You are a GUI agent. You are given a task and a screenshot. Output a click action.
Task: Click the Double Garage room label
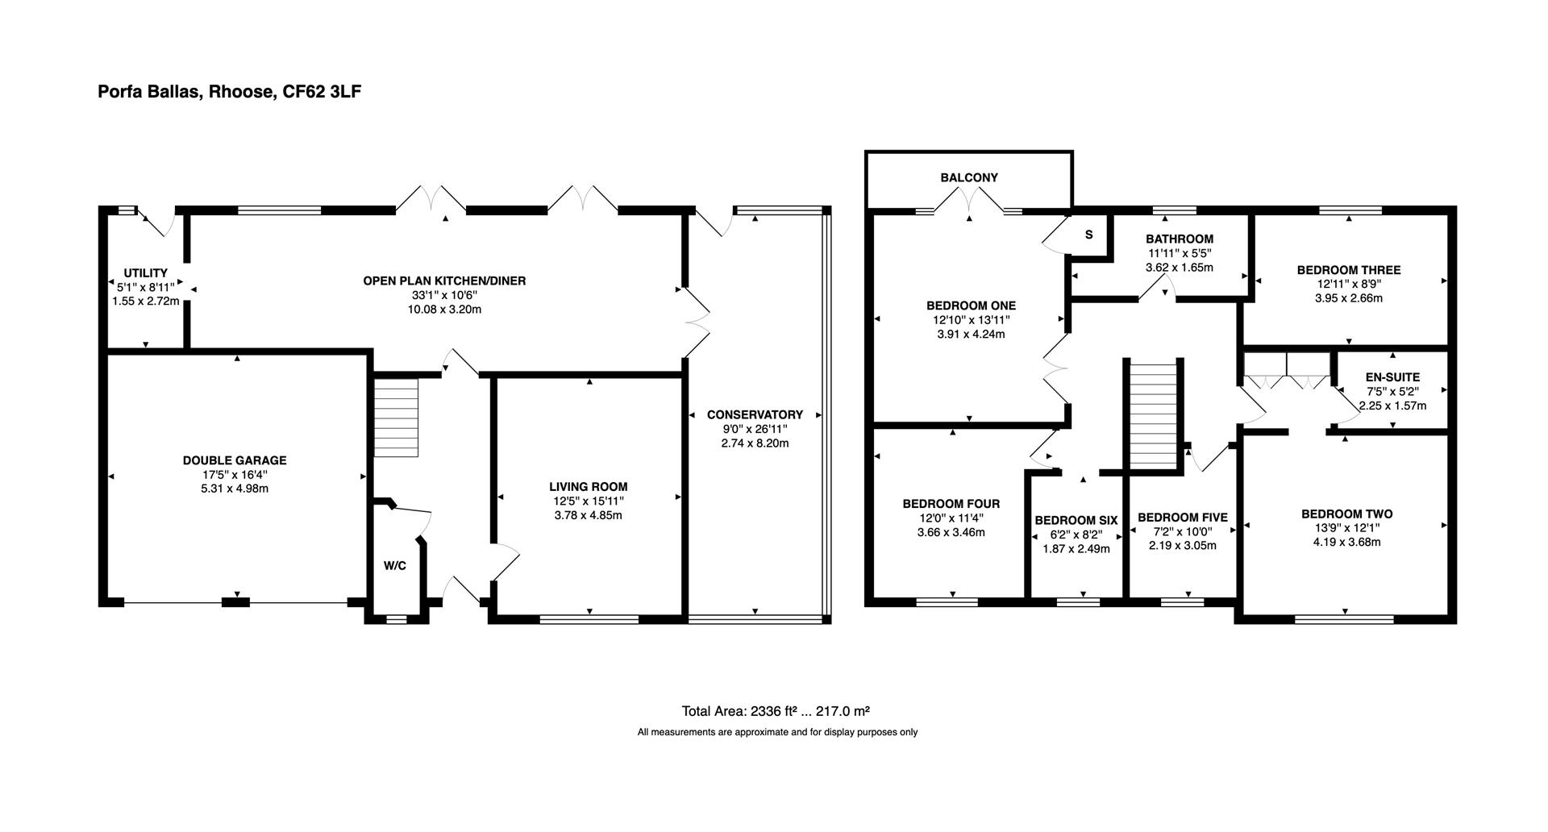234,460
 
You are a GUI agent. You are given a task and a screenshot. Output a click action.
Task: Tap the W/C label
394,566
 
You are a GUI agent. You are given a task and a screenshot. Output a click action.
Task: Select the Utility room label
145,272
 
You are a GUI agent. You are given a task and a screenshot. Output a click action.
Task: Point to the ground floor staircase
397,418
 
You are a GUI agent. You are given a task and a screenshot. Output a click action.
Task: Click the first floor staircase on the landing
1154,415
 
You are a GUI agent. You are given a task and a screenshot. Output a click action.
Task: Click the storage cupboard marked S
1088,235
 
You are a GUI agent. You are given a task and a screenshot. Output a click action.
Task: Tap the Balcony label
969,177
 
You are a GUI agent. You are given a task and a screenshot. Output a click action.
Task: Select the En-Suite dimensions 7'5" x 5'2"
1392,391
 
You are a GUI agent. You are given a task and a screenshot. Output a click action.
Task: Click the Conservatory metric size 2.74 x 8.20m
755,443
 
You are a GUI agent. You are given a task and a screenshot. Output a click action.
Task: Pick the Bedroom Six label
1076,520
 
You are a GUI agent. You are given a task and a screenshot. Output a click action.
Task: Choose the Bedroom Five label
1182,518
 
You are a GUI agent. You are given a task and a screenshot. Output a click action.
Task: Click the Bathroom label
1179,239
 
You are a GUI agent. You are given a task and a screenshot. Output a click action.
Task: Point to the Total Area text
775,711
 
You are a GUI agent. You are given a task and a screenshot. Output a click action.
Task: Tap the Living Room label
588,486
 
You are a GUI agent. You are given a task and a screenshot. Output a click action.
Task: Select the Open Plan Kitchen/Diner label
443,281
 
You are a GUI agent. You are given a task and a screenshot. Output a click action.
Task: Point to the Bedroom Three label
1348,270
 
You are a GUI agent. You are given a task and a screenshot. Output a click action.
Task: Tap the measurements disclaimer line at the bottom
777,732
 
